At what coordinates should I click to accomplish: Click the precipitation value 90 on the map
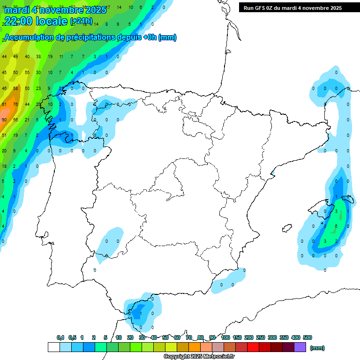tap(4, 120)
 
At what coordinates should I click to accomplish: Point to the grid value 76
tap(15, 104)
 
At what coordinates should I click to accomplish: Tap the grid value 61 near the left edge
tap(4, 104)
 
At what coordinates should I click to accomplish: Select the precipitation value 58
tap(15, 88)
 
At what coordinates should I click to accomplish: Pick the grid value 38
tap(38, 57)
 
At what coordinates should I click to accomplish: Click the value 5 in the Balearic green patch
tap(336, 226)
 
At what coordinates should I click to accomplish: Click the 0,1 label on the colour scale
tap(60, 337)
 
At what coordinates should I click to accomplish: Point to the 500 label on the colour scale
tap(307, 337)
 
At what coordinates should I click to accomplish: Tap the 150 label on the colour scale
tap(237, 337)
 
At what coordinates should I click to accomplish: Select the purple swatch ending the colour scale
tap(300, 347)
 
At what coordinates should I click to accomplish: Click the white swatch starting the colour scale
tap(53, 347)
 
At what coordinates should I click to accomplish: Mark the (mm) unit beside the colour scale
tap(317, 348)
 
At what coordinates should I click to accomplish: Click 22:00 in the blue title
tap(18, 21)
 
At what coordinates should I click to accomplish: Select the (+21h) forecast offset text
tap(82, 21)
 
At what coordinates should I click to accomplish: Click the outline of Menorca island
tap(347, 198)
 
